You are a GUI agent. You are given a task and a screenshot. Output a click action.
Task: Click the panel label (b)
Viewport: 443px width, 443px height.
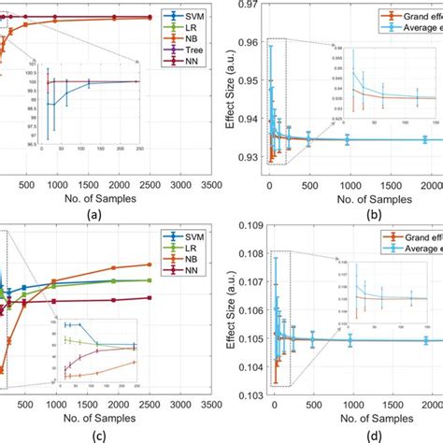coord(348,210)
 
